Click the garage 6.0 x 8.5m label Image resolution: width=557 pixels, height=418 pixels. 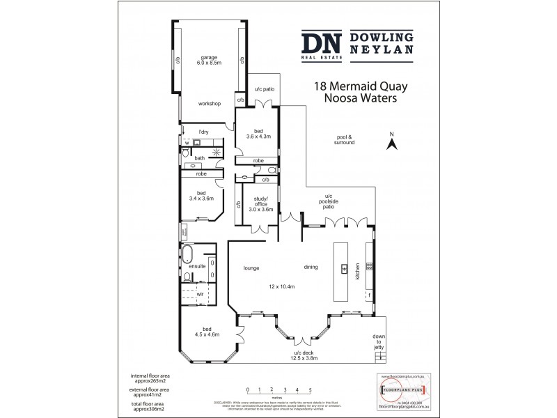click(209, 60)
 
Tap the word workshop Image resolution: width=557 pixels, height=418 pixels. click(209, 104)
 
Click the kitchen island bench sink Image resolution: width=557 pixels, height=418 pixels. click(343, 268)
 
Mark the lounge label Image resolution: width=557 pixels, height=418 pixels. click(251, 267)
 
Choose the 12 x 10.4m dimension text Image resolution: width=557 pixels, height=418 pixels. click(282, 286)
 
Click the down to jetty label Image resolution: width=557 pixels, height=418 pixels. click(379, 342)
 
